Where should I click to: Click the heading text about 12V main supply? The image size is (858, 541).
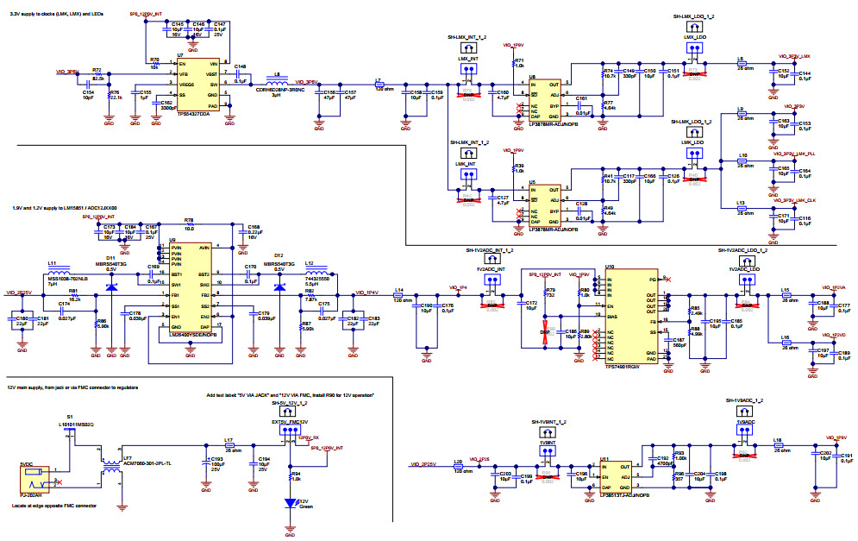coord(73,388)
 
